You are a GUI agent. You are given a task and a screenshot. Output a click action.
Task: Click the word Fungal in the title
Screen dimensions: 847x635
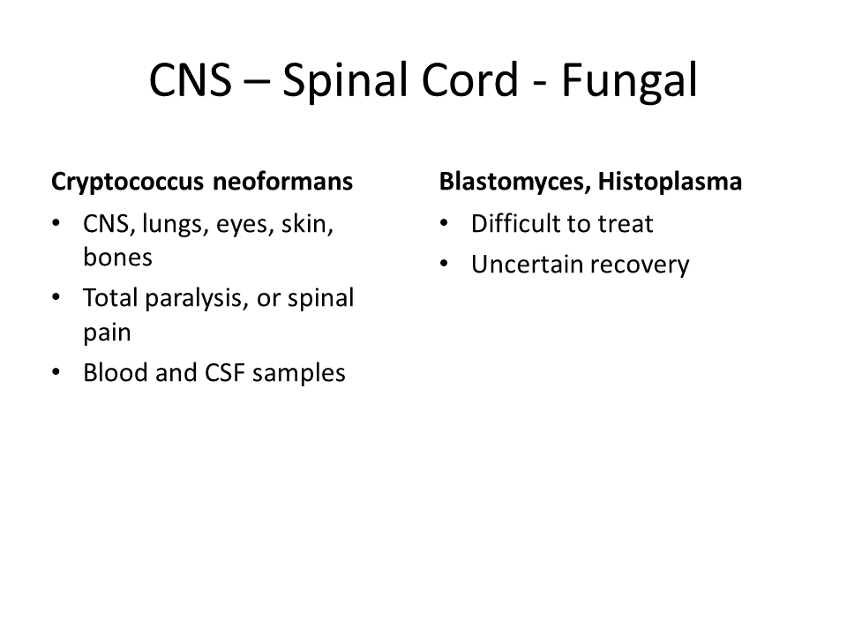pos(629,81)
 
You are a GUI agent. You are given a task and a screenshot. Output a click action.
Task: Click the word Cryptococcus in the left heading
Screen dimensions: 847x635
pos(127,182)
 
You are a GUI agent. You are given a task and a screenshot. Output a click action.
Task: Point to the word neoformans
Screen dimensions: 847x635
pos(282,181)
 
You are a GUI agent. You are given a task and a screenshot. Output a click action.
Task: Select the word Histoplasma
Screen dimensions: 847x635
pos(670,182)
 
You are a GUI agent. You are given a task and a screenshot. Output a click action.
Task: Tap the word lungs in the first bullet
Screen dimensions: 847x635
pos(176,224)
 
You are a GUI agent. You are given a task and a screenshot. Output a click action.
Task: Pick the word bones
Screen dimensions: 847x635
pos(117,257)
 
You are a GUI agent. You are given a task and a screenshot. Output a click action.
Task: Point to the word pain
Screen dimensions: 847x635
pos(107,332)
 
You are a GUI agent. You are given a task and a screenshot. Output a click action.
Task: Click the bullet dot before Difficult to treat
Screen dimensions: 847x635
pos(444,222)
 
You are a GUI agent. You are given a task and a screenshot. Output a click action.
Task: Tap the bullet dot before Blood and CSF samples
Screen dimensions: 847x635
pos(56,371)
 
